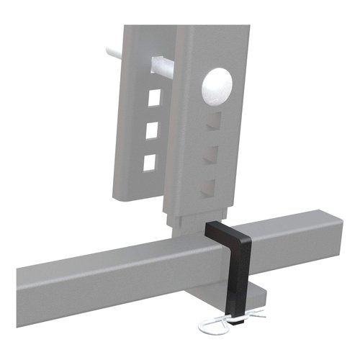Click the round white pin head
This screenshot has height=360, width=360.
[217, 89]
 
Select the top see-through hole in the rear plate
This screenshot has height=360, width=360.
[152, 96]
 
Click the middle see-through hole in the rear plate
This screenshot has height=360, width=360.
[151, 130]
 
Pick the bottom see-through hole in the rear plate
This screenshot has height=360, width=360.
[150, 162]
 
